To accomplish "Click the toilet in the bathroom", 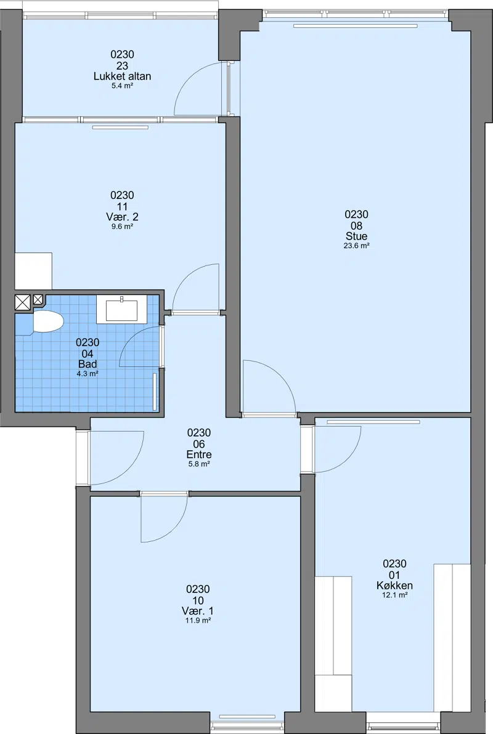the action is (x=48, y=321).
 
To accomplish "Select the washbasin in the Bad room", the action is (x=121, y=309).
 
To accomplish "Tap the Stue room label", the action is (x=357, y=236).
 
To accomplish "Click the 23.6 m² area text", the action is (x=357, y=245).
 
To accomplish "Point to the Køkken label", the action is (x=394, y=585).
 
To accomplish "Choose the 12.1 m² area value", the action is (x=394, y=595).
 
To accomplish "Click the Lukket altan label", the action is (x=122, y=76).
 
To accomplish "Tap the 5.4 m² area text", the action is (x=122, y=86).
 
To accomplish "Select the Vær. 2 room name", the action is (x=122, y=217).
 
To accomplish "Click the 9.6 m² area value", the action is (x=122, y=226).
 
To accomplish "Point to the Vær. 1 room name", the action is (x=198, y=611).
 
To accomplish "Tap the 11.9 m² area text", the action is (x=198, y=620).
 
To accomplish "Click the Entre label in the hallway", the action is (x=199, y=454).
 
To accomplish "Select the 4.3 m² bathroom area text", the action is (x=88, y=374).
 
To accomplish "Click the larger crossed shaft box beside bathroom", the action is (x=23, y=302).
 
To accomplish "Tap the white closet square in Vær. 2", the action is (x=33, y=271).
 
